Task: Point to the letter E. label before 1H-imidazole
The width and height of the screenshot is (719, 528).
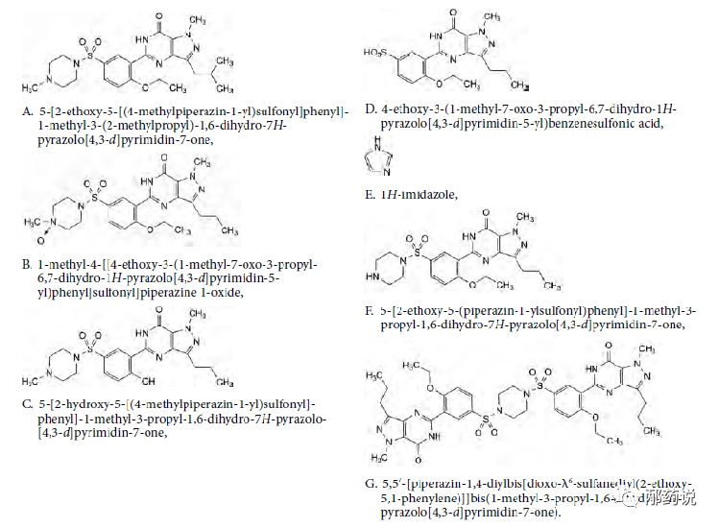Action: [x=370, y=195]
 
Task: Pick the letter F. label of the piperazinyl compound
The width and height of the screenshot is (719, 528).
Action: [x=370, y=311]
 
